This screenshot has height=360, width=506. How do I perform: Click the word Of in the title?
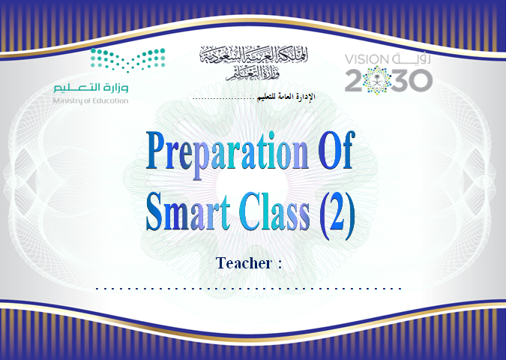[337, 150]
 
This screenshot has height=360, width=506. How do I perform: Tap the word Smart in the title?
[188, 211]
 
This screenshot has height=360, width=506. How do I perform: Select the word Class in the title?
[274, 211]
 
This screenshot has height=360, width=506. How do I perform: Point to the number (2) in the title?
[337, 215]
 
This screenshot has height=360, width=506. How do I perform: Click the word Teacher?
[244, 262]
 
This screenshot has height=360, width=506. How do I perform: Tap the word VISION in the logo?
[367, 59]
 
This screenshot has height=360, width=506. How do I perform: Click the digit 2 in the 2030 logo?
[353, 81]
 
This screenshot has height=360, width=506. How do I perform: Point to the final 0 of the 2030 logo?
[422, 81]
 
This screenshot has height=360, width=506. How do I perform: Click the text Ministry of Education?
[91, 100]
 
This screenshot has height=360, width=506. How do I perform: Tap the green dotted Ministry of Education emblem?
[127, 60]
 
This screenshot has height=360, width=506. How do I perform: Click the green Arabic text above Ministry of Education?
[91, 88]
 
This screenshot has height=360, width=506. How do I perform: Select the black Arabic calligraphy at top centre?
[253, 62]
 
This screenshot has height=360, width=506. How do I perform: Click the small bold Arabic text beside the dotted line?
[286, 97]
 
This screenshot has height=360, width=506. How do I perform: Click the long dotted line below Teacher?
[248, 288]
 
